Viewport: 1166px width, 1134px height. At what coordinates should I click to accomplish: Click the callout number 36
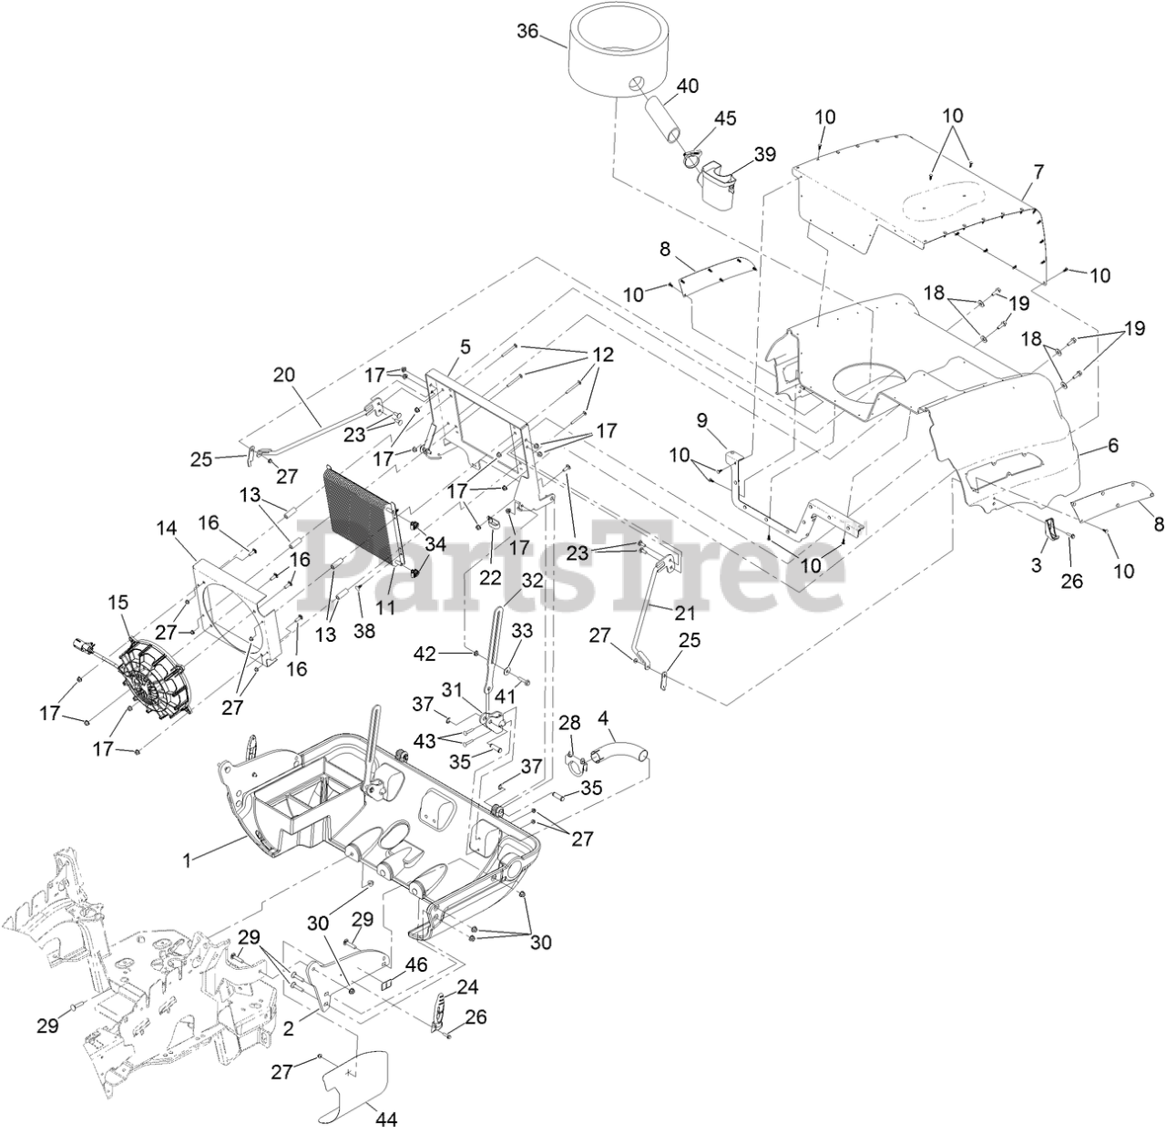528,31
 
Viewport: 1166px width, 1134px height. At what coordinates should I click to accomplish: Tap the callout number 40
688,86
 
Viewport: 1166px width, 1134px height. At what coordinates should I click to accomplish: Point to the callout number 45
725,119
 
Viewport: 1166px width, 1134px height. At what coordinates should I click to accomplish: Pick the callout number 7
1038,170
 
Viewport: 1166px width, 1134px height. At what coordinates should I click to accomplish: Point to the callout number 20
284,374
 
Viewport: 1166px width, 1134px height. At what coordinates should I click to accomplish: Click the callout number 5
465,346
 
